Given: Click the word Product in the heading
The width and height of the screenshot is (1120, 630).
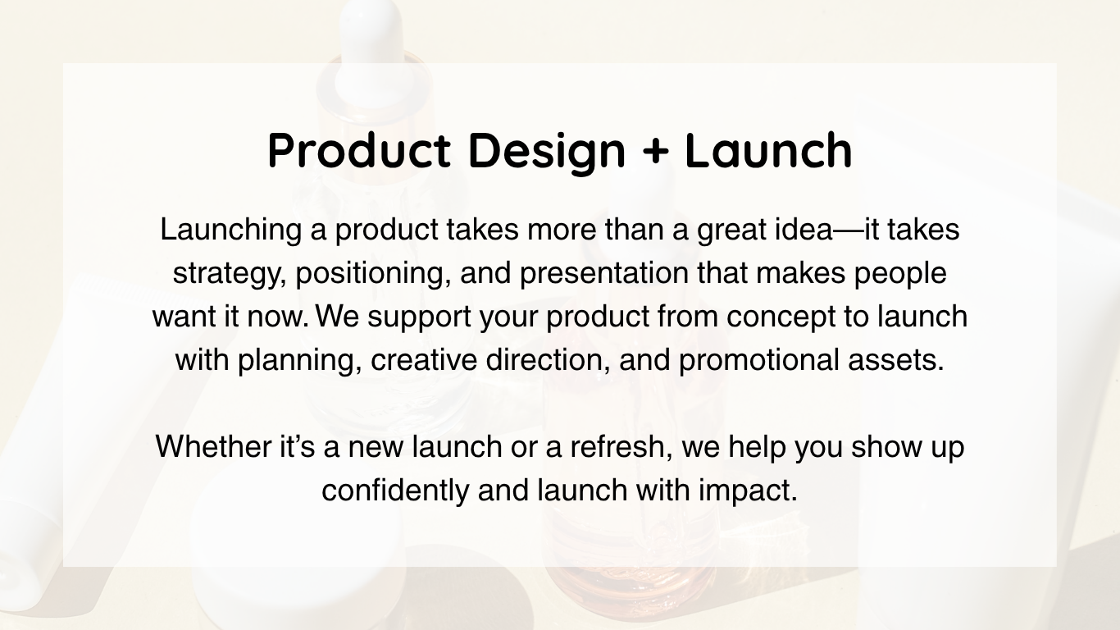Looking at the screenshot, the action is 359,150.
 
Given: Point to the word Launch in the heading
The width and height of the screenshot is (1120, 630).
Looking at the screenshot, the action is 768,150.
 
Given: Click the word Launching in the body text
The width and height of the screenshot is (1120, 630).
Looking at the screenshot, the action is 231,231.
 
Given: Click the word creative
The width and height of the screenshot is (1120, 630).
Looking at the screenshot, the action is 424,360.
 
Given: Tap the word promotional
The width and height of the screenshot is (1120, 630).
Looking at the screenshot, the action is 759,361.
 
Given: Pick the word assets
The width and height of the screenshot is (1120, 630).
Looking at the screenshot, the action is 896,361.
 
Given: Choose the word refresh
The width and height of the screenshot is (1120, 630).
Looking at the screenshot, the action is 621,447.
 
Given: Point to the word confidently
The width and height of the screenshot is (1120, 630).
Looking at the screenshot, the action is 395,491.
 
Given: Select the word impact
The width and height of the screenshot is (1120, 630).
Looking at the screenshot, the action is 748,491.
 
